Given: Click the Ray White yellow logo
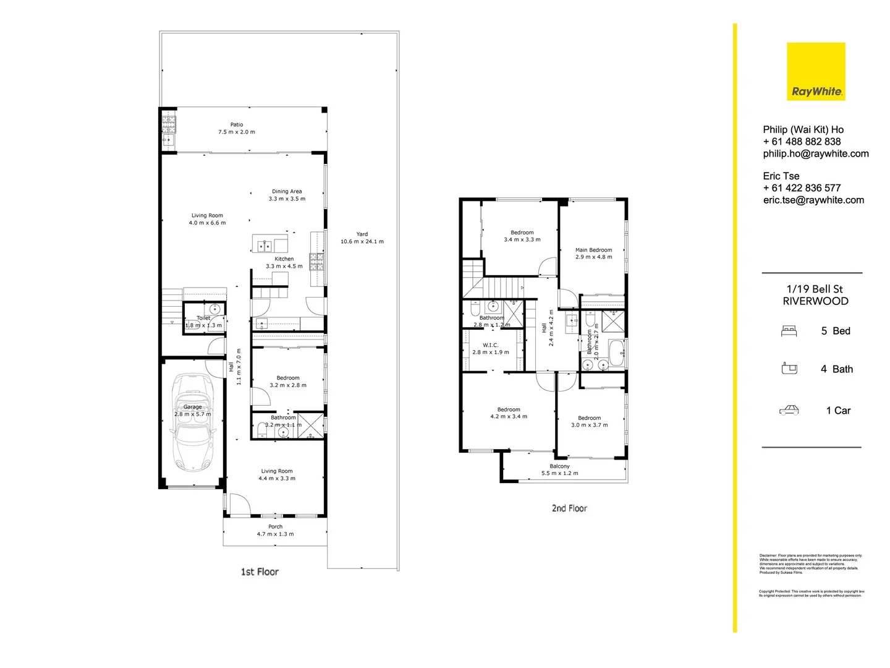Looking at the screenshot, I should [x=815, y=71].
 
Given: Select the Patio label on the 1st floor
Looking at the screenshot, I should [x=237, y=124].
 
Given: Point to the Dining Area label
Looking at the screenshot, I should [x=287, y=191].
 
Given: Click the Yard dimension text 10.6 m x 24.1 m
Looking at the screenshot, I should [x=362, y=241].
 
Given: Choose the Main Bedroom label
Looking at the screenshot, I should [x=593, y=250].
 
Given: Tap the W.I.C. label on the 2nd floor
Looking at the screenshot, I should [x=490, y=345].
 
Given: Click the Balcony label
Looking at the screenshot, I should [x=559, y=466].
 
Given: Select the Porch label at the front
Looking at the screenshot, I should [x=275, y=527].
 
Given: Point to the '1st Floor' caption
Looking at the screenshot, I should [x=260, y=572].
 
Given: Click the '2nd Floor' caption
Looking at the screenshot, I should [x=569, y=508].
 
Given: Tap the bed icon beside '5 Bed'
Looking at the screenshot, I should [x=789, y=331].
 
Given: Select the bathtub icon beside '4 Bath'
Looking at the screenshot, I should [x=789, y=369].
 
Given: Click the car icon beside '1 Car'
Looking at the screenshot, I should [x=789, y=410].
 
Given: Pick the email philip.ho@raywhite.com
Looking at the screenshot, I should [x=816, y=153].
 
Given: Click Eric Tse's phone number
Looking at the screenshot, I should [x=802, y=188].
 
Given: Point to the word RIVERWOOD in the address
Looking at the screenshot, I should [x=815, y=301].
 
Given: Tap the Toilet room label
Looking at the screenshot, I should [x=203, y=318].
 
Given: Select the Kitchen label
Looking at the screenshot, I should [x=284, y=259].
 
